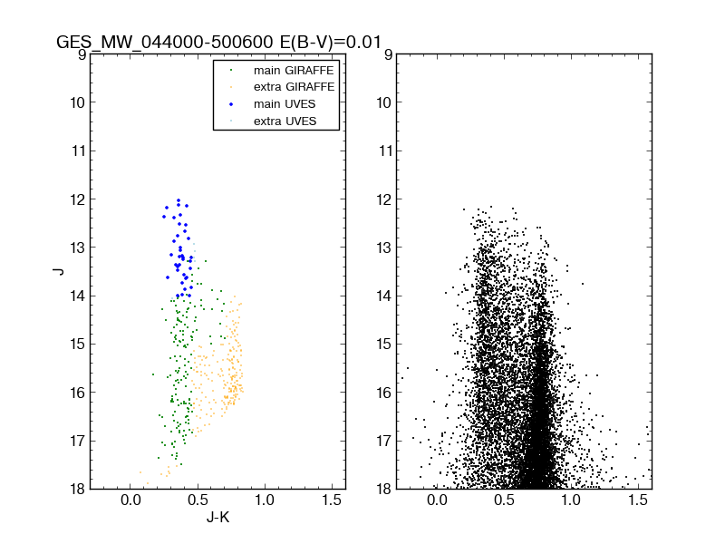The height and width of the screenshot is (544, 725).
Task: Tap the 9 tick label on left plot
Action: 82,54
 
